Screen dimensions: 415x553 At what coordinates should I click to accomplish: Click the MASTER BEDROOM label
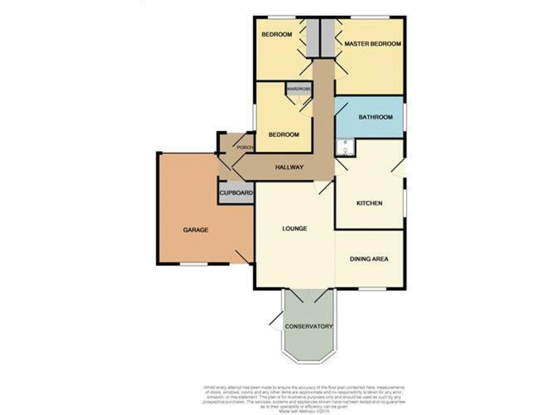(372, 45)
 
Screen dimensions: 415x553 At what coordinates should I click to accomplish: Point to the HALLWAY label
(289, 168)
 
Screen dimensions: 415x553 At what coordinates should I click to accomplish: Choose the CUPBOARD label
(235, 194)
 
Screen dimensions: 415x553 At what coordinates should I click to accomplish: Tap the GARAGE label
(195, 230)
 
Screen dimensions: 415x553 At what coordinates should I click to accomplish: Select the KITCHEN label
(369, 203)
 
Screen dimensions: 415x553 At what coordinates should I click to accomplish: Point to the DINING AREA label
(369, 259)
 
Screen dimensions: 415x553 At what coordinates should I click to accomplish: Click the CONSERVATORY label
(309, 326)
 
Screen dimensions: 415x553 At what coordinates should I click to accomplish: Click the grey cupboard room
(235, 194)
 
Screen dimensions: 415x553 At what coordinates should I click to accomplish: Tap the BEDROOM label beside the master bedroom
(276, 35)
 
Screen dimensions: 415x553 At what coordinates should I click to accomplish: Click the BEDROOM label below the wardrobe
(284, 135)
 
